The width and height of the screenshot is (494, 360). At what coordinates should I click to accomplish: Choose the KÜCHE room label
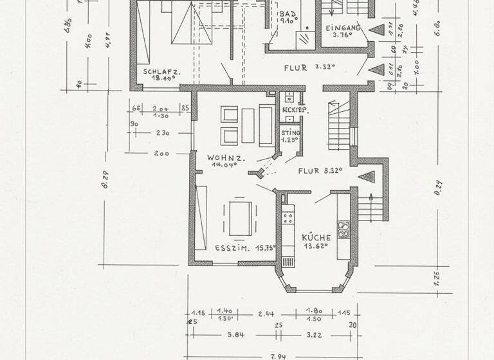pyautogui.click(x=316, y=237)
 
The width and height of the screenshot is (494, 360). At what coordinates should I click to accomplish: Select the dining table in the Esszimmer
pyautogui.click(x=241, y=219)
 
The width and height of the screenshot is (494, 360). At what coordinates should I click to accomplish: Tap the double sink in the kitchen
pyautogui.click(x=344, y=230)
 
